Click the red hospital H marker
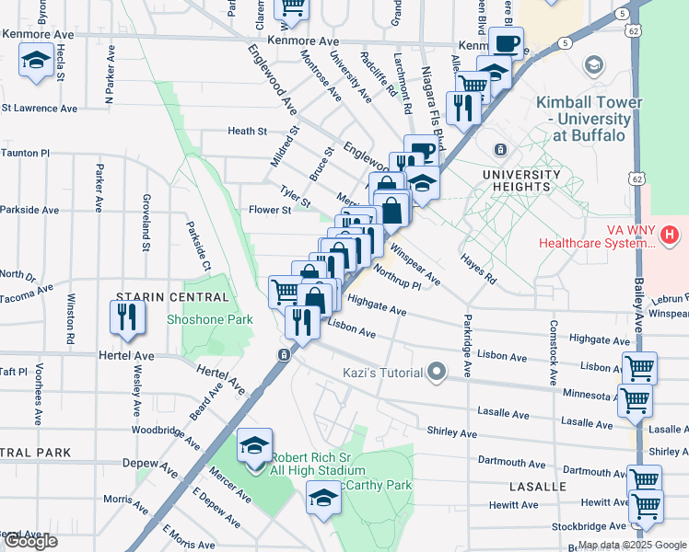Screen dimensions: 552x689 coord(670,236)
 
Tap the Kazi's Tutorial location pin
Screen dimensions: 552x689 coord(438,373)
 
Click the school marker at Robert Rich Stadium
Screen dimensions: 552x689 coord(255,447)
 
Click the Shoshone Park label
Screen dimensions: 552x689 coord(209,319)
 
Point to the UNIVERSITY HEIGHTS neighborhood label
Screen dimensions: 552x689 coord(527,180)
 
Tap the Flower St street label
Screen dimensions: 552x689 coord(270,210)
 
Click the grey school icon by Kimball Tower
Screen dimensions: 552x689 coord(594,64)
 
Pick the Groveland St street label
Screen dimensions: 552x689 coord(146,222)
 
